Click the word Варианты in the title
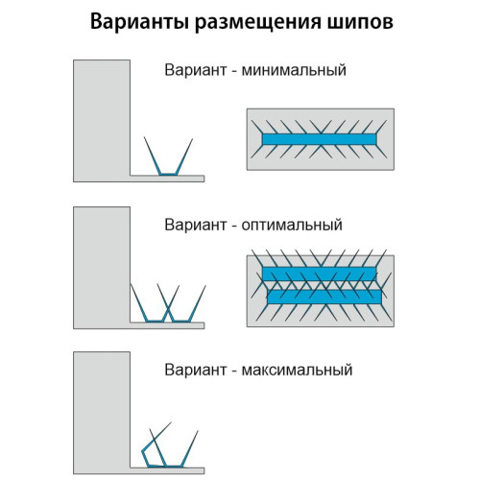coord(139,22)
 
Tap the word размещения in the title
coord(257,23)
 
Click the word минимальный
coord(294,70)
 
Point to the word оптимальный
coord(292,225)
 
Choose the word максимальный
coord(297,370)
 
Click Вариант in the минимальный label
coord(196,70)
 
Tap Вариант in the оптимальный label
coord(196,225)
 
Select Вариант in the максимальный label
coord(196,370)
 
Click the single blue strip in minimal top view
coord(319,139)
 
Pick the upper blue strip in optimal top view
coord(319,274)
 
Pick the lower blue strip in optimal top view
coord(324,297)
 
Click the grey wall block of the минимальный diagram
coord(102,121)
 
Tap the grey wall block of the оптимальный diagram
coord(102,268)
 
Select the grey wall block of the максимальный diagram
coord(102,413)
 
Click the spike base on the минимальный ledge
coord(168,175)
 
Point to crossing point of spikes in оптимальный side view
coord(168,308)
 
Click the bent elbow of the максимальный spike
coord(142,451)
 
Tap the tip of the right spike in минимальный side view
coord(193,139)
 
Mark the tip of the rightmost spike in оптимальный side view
coord(205,286)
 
